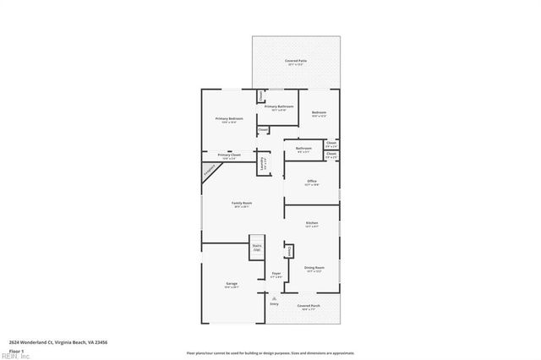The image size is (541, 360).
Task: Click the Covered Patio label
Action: [295, 63]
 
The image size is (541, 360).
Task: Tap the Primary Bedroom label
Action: [229, 119]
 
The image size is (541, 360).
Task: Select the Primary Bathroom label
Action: [279, 107]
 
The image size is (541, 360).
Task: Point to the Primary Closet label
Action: [229, 156]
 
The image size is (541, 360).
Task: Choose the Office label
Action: [312, 183]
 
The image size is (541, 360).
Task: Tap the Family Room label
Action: [242, 204]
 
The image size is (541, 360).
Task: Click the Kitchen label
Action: [312, 225]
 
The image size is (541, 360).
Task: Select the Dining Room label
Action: [314, 269]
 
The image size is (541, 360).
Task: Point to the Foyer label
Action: [276, 275]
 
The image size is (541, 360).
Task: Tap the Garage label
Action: [232, 285]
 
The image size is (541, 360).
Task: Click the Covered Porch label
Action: [309, 307]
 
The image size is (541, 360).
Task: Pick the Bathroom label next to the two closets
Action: [303, 150]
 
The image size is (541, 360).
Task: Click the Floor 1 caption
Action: [16, 351]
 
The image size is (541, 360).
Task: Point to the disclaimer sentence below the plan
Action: [270, 352]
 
